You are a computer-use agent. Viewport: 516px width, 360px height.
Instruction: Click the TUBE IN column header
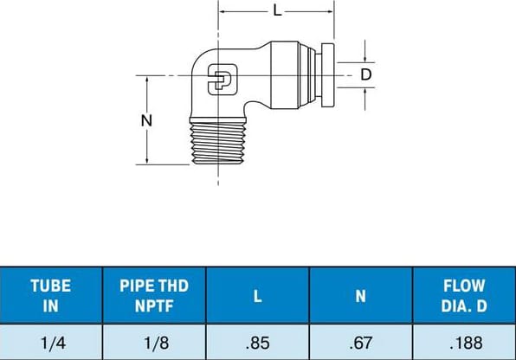point(51,294)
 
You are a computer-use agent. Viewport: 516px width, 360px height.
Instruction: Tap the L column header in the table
point(257,295)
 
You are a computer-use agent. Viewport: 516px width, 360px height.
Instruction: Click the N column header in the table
point(360,295)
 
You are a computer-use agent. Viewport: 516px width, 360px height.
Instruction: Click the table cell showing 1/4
point(51,342)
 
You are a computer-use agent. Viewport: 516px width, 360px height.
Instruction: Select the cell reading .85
point(257,342)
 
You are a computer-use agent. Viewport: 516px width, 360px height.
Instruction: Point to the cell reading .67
point(360,342)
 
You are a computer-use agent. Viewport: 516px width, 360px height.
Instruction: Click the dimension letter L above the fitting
point(277,12)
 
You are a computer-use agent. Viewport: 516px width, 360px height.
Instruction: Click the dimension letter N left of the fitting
point(146,120)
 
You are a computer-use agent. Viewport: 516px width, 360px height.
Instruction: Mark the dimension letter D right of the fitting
point(366,74)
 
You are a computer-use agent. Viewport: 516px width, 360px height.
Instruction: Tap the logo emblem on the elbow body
point(221,82)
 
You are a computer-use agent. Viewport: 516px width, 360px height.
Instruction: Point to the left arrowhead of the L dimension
point(222,12)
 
